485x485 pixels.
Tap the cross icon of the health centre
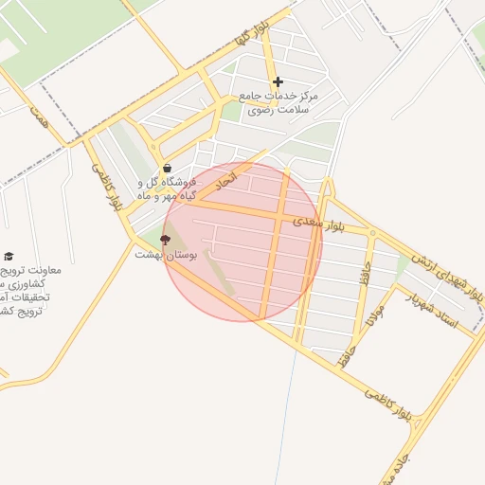pyautogui.click(x=278, y=82)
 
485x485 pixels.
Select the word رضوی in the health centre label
pyautogui.click(x=260, y=110)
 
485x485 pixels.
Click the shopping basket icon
pyautogui.click(x=167, y=170)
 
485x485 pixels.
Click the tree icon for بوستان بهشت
pyautogui.click(x=166, y=240)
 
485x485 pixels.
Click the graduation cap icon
pyautogui.click(x=9, y=256)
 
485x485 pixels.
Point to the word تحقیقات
pyautogui.click(x=29, y=297)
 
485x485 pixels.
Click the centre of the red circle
pyautogui.click(x=242, y=242)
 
